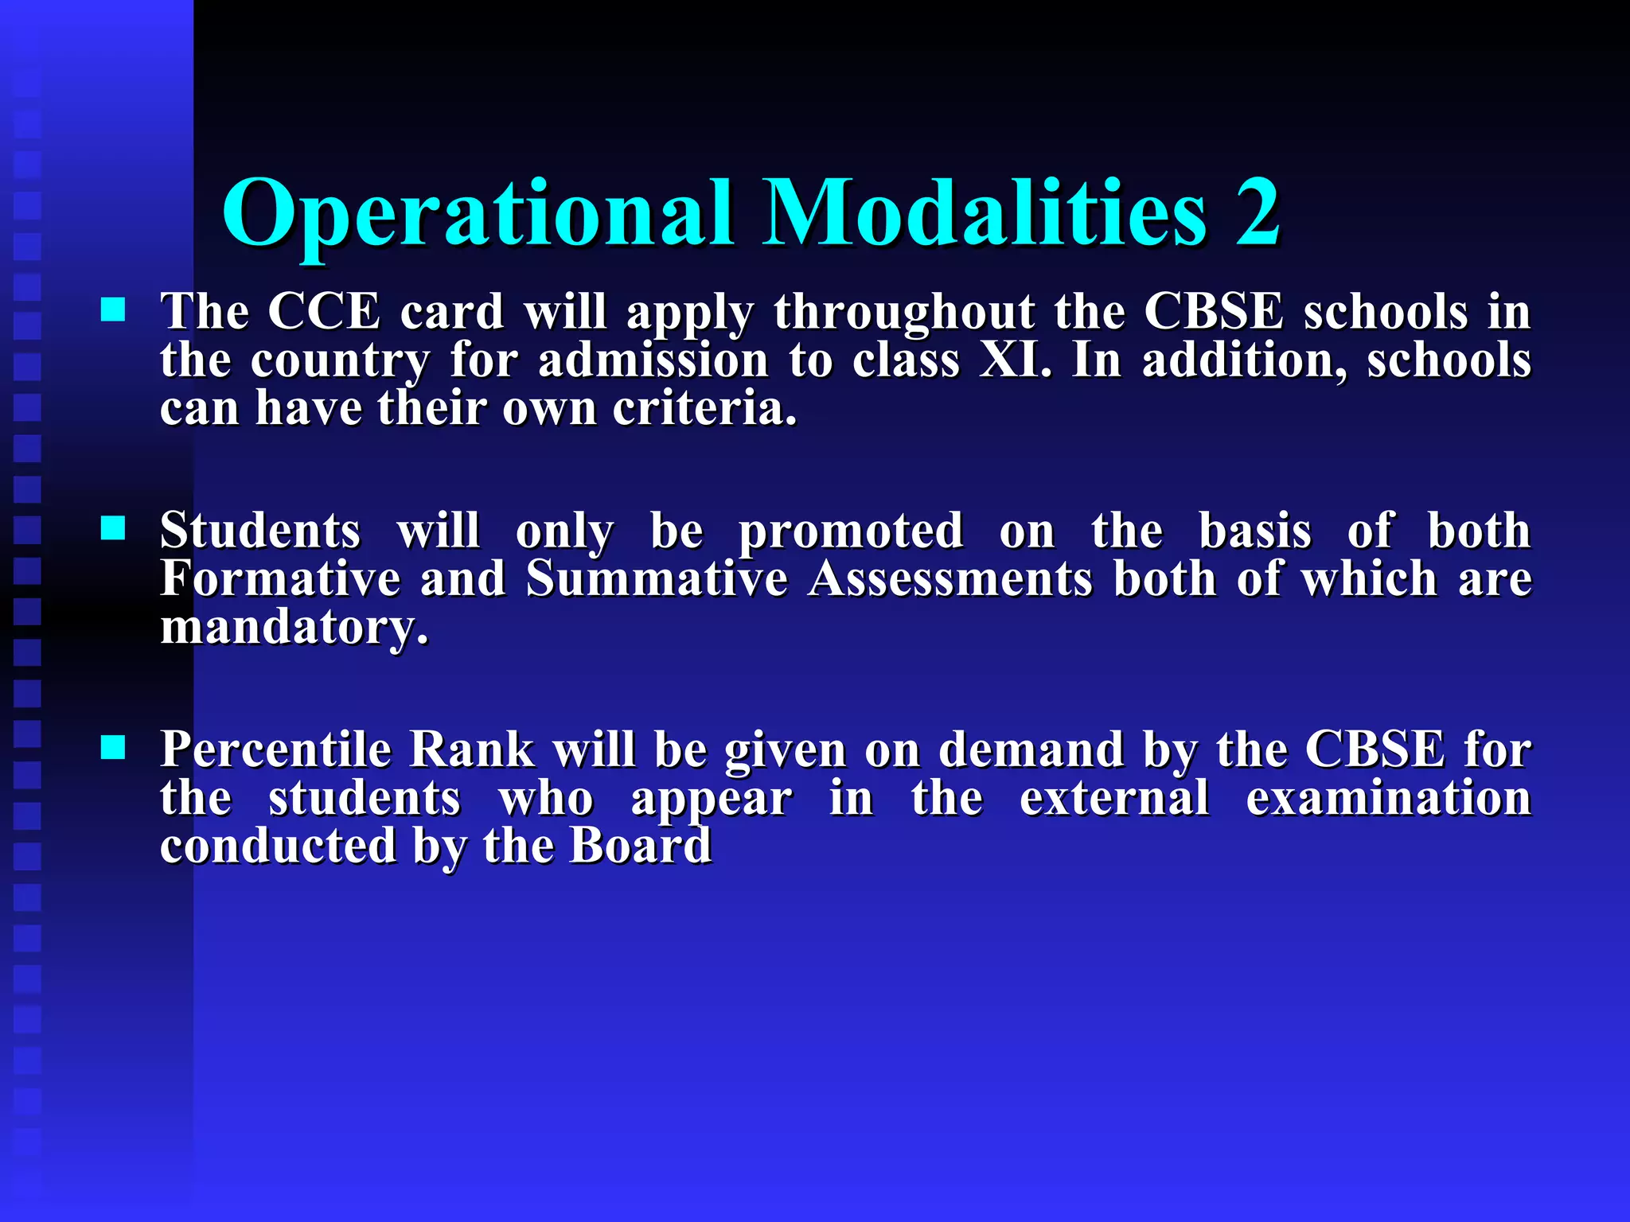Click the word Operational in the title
point(478,213)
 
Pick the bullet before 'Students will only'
point(113,527)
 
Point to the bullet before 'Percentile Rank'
point(113,747)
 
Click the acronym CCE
point(324,311)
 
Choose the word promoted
point(851,532)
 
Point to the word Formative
point(280,578)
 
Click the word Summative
point(657,578)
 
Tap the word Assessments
point(950,578)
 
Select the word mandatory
point(294,629)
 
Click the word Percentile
point(275,749)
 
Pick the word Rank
point(471,749)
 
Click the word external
point(1114,798)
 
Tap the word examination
point(1388,798)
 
